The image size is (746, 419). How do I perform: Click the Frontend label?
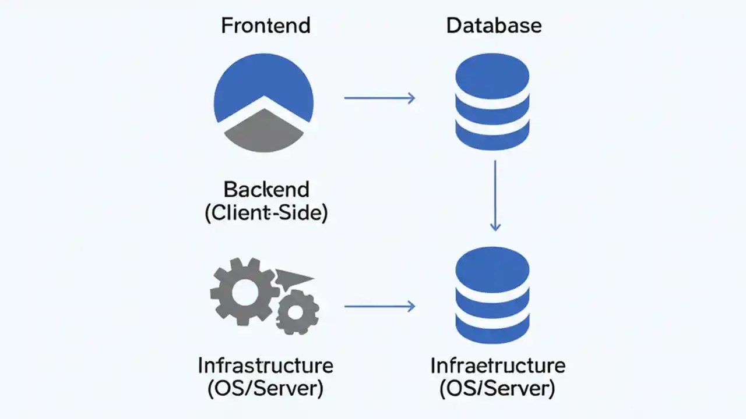[x=265, y=26]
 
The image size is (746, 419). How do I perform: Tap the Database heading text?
[x=494, y=26]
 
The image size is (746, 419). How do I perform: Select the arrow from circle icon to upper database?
[x=379, y=98]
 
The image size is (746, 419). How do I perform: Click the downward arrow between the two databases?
[x=495, y=196]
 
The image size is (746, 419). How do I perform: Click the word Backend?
[x=266, y=190]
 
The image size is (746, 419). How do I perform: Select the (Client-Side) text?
[x=266, y=213]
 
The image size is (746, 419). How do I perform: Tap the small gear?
[x=297, y=313]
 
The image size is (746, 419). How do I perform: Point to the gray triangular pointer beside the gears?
[x=295, y=278]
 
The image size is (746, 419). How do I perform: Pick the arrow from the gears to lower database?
[x=379, y=306]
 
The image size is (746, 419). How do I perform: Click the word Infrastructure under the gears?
[x=265, y=366]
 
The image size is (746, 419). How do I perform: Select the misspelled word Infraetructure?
[x=498, y=366]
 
